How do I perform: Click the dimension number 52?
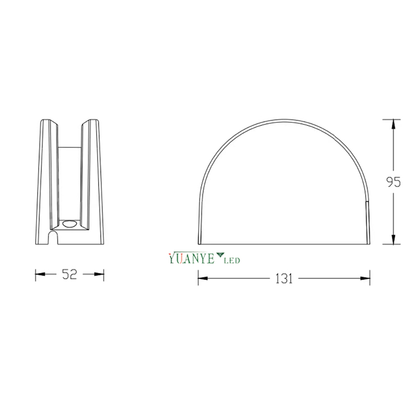(x=69, y=274)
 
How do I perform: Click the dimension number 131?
(x=283, y=278)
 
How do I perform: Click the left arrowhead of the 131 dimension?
(x=202, y=278)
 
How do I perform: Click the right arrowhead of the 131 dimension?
(x=366, y=278)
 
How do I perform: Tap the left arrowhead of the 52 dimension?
(x=39, y=274)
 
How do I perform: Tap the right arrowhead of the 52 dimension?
(x=100, y=274)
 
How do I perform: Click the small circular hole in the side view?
(x=70, y=223)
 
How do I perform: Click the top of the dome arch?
(x=284, y=119)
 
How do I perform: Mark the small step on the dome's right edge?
(x=367, y=203)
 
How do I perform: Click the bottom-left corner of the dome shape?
(x=199, y=245)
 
